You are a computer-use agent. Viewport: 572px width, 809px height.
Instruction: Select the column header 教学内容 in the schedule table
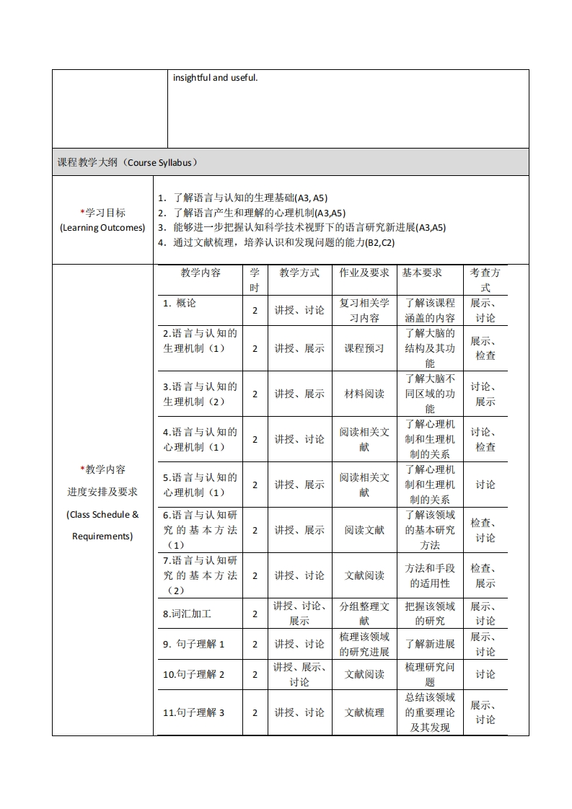(201, 273)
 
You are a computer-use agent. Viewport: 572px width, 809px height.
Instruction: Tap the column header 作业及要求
(364, 273)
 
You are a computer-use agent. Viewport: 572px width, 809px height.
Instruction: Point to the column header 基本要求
(422, 273)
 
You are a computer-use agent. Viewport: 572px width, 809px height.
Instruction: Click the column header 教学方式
(299, 273)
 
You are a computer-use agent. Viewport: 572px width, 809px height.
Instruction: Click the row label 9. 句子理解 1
(194, 644)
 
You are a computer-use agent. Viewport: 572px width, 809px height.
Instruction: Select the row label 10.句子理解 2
(194, 674)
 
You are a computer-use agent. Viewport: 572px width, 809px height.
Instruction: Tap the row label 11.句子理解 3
(194, 712)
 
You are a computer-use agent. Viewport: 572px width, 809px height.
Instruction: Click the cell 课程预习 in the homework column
(364, 348)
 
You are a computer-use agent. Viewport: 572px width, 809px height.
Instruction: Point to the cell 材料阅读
(364, 394)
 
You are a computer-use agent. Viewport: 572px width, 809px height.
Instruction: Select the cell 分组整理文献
(364, 613)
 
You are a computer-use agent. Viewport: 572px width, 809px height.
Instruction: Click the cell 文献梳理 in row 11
(364, 712)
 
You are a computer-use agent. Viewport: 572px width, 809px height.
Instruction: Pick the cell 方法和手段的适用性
(430, 575)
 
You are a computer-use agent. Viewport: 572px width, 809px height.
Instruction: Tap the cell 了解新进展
(430, 644)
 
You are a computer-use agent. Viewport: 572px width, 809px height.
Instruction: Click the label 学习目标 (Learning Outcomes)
(102, 220)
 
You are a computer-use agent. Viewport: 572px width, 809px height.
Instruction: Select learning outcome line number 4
(277, 242)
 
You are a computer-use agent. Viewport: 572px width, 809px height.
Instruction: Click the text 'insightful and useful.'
(215, 77)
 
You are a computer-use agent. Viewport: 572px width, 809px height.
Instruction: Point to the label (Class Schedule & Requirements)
(102, 525)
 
